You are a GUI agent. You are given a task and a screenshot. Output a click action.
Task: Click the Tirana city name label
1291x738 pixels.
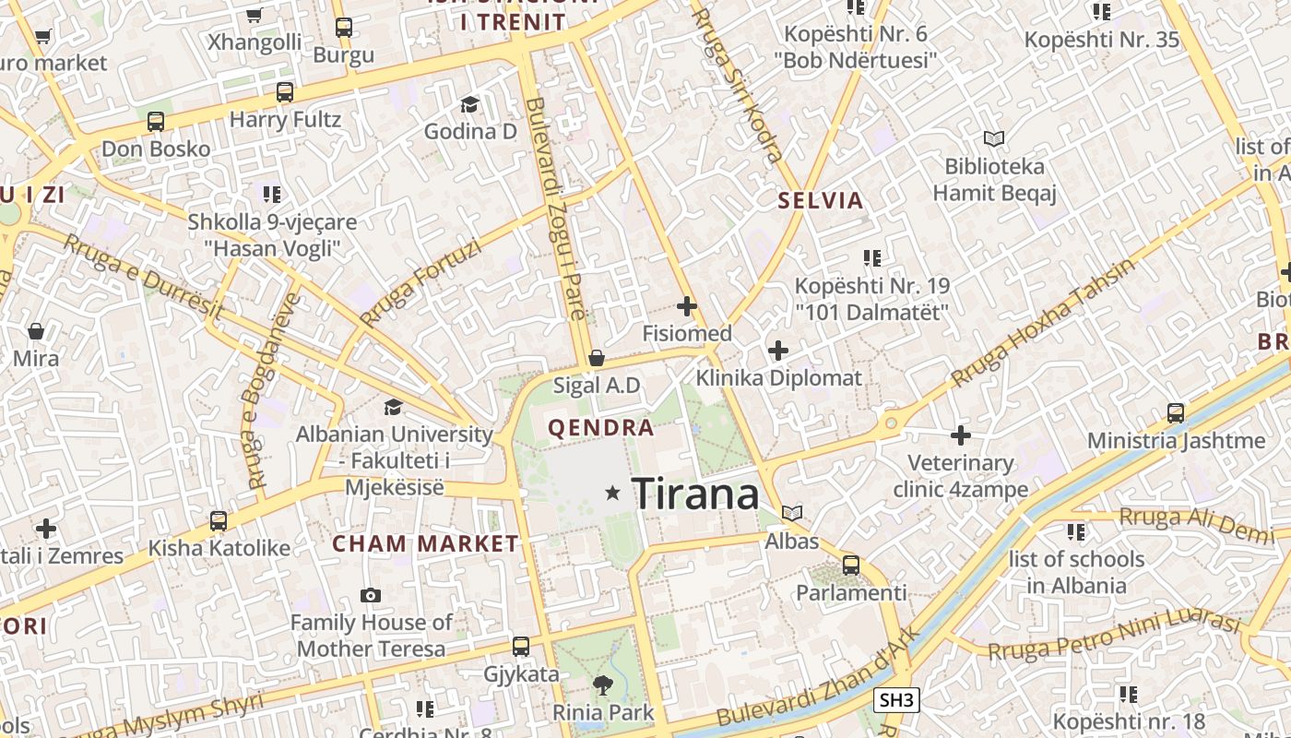click(x=695, y=494)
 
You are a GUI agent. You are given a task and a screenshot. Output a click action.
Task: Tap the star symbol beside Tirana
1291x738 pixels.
click(x=612, y=494)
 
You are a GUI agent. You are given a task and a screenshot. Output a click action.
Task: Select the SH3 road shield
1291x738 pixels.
click(x=896, y=700)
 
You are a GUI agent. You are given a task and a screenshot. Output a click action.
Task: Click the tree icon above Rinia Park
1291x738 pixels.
click(x=603, y=684)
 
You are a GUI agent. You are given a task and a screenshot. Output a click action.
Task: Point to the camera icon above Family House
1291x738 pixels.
click(x=371, y=595)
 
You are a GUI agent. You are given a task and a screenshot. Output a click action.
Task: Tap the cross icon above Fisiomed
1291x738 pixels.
click(x=687, y=305)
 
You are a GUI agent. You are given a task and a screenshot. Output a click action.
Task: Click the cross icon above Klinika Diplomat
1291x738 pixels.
click(x=778, y=350)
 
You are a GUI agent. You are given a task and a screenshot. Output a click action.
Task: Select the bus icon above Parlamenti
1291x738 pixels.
click(x=851, y=565)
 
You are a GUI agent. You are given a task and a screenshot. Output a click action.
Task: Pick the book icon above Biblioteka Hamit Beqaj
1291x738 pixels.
click(x=993, y=139)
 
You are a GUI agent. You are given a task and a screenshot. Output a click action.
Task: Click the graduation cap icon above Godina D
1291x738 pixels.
click(x=469, y=104)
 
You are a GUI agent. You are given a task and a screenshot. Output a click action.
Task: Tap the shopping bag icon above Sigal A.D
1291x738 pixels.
click(x=597, y=357)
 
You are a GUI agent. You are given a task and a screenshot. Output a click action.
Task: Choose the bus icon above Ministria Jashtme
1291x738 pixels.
click(x=1176, y=412)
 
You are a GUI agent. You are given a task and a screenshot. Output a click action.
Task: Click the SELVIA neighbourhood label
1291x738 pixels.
click(x=821, y=200)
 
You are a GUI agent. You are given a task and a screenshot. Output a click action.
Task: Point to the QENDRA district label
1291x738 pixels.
click(x=601, y=428)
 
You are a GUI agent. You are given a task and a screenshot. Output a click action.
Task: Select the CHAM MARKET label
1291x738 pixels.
click(x=426, y=543)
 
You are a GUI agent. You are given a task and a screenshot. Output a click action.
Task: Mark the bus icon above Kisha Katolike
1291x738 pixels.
click(x=219, y=520)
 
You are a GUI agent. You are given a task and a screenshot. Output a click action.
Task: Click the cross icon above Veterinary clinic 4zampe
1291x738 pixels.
click(x=961, y=434)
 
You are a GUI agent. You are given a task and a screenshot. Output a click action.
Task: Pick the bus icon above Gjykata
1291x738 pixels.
click(x=521, y=647)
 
